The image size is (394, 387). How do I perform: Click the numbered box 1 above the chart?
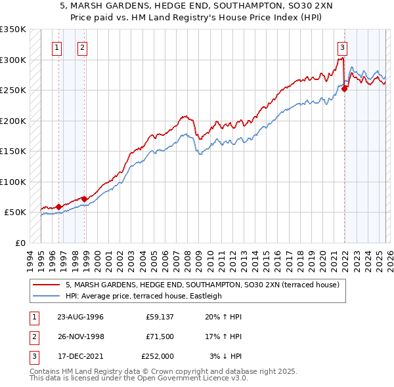(x=57, y=47)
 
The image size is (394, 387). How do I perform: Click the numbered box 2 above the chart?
(x=82, y=47)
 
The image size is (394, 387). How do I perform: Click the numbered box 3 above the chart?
(x=342, y=47)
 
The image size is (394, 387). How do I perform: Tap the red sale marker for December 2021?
(x=344, y=90)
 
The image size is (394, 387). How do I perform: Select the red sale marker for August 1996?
(x=58, y=207)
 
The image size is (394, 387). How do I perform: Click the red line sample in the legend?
(x=47, y=285)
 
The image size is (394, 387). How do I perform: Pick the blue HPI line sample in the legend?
(x=47, y=296)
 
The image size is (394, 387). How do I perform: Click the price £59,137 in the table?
(x=159, y=317)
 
